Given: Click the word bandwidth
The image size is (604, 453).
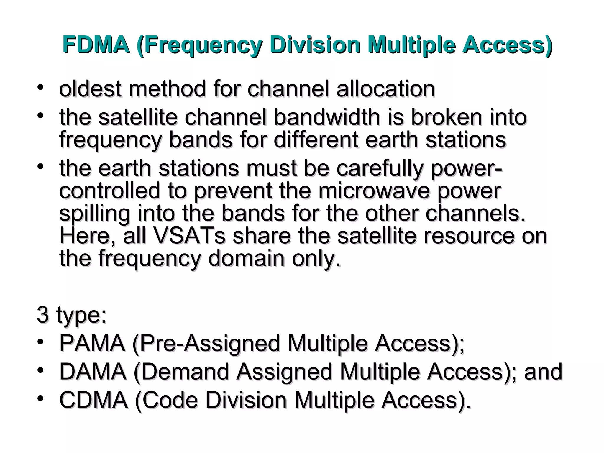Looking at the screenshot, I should (x=327, y=117).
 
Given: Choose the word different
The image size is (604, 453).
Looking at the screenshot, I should (x=316, y=139).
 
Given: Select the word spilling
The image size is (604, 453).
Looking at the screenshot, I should (x=95, y=214).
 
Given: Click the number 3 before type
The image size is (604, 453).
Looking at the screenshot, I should (x=42, y=315).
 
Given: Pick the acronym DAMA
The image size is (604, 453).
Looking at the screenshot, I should (x=93, y=372).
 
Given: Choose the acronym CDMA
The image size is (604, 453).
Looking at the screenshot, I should (x=93, y=400).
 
